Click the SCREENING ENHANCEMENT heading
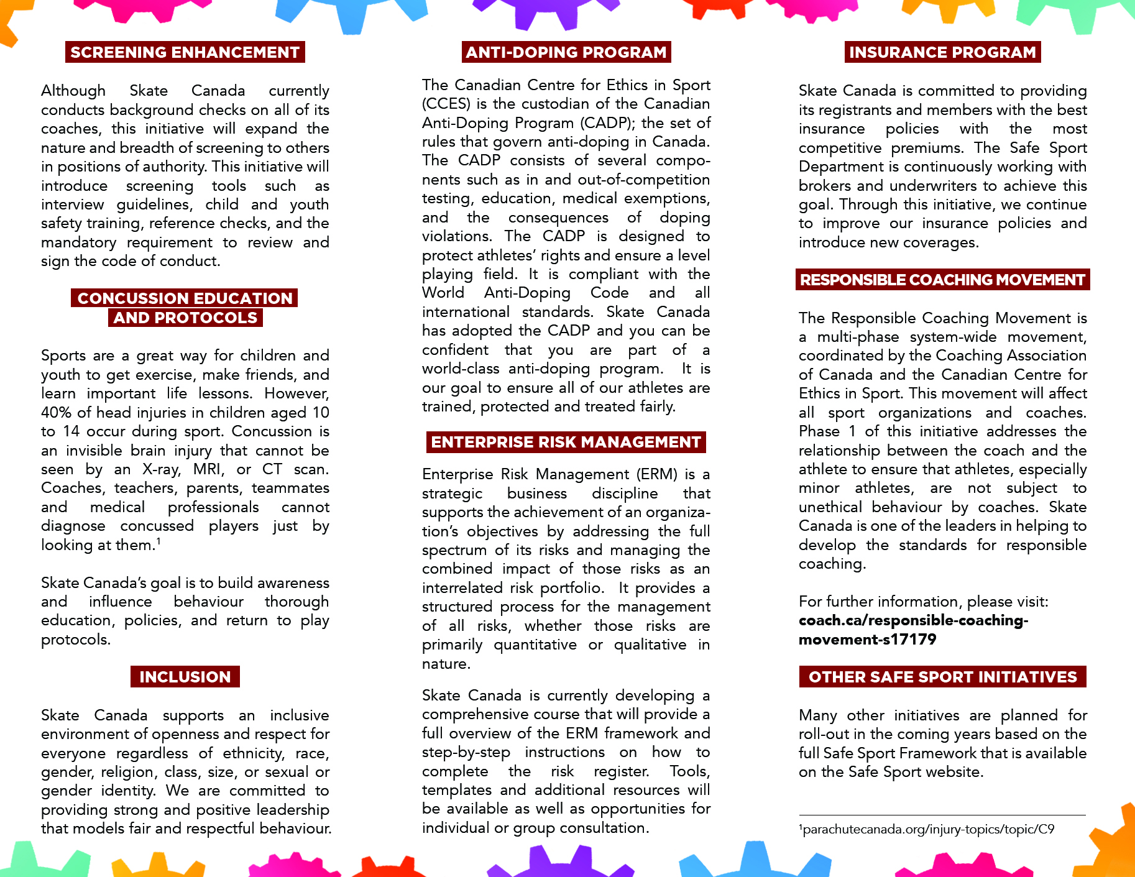pyautogui.click(x=185, y=52)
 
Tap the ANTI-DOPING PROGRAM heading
pyautogui.click(x=566, y=52)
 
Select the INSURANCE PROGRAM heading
pyautogui.click(x=942, y=52)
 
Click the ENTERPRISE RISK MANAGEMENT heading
pyautogui.click(x=566, y=442)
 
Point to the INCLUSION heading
pyautogui.click(x=185, y=677)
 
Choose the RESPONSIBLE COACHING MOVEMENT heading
pyautogui.click(x=942, y=280)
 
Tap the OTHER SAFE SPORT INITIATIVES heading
pyautogui.click(x=942, y=677)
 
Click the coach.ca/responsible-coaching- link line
pyautogui.click(x=913, y=620)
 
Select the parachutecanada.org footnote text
pyautogui.click(x=927, y=829)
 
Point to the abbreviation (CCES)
pyautogui.click(x=445, y=104)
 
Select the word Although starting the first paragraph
pyautogui.click(x=73, y=91)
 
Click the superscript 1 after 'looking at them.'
pyautogui.click(x=159, y=541)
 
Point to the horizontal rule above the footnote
pyautogui.click(x=942, y=815)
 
